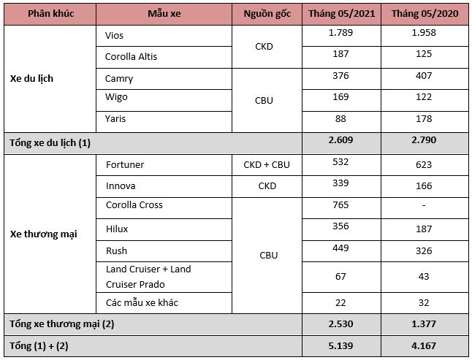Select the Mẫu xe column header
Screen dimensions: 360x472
pos(163,14)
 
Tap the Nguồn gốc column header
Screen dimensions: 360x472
pos(266,14)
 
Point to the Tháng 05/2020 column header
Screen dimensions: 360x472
pos(424,14)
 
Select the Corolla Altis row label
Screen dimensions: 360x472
pos(131,56)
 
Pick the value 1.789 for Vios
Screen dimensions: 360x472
pos(340,33)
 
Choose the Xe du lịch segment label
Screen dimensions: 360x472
pos(31,78)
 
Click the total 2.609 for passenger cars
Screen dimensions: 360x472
pos(340,142)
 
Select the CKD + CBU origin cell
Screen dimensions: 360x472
pos(266,164)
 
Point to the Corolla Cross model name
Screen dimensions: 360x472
pos(134,205)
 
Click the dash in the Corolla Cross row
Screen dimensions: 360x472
pos(424,205)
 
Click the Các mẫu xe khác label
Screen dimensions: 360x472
pos(142,302)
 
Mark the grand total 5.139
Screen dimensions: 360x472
pos(340,344)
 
